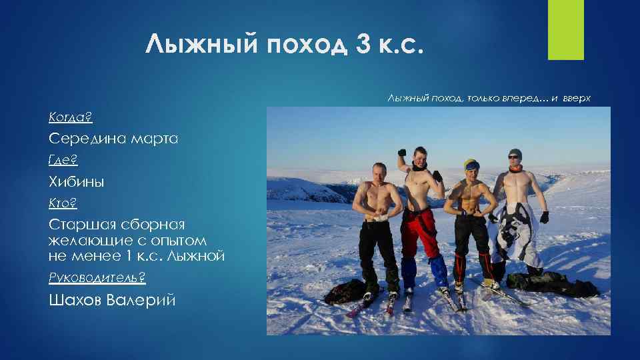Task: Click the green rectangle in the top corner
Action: (x=565, y=29)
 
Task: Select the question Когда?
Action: (x=70, y=117)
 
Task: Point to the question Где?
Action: (x=63, y=160)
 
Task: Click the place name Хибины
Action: (x=77, y=182)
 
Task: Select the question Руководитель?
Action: (x=97, y=277)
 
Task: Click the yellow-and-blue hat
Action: (x=471, y=164)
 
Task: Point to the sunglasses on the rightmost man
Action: (x=513, y=157)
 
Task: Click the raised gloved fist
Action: (x=401, y=153)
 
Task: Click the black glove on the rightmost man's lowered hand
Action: (x=544, y=217)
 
